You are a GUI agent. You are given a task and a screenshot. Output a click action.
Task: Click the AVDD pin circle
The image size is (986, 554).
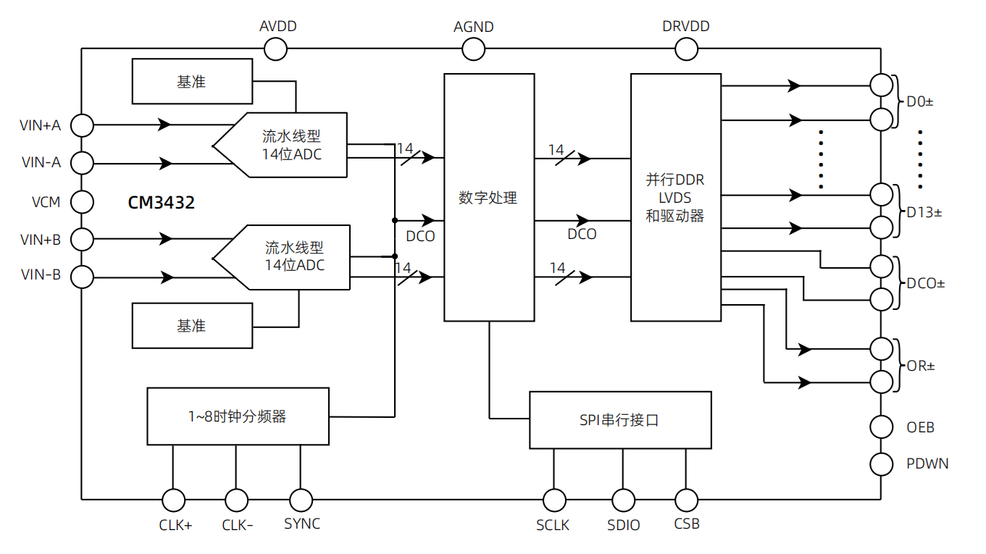point(275,49)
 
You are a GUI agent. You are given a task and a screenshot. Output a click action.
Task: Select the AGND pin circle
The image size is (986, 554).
point(473,49)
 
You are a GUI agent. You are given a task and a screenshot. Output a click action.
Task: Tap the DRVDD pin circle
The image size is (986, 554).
point(686,49)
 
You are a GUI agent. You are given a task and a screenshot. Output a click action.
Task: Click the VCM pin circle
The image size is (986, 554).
point(83,201)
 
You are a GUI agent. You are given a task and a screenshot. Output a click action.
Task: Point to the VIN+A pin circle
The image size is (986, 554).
point(83,125)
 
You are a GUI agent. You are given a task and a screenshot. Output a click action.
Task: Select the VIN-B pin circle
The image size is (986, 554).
point(83,276)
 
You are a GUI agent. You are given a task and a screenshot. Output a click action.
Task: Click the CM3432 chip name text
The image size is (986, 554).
point(162,203)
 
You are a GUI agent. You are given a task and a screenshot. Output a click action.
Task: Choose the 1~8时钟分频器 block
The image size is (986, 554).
point(238,416)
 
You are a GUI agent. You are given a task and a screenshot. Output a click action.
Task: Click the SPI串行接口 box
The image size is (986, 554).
point(619,420)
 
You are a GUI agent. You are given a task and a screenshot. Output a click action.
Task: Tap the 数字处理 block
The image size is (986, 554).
point(489,197)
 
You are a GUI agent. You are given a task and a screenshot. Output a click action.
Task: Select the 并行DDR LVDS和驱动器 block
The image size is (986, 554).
point(675,197)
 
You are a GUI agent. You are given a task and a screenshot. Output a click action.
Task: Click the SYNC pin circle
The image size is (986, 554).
point(301,500)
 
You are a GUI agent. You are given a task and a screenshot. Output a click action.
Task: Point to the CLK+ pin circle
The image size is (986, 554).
point(174,500)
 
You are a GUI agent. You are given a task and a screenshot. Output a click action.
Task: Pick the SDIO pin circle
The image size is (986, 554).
point(623,500)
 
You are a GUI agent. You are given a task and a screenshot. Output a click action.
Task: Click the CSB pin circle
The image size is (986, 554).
point(686,500)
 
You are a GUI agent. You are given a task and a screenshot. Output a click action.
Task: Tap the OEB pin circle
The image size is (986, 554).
point(882,427)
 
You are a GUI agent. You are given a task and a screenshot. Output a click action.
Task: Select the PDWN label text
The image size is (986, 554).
point(927,463)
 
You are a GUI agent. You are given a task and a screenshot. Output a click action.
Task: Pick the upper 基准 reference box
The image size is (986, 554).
point(192,82)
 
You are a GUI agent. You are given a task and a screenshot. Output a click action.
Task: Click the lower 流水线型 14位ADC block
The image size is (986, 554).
point(290,257)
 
